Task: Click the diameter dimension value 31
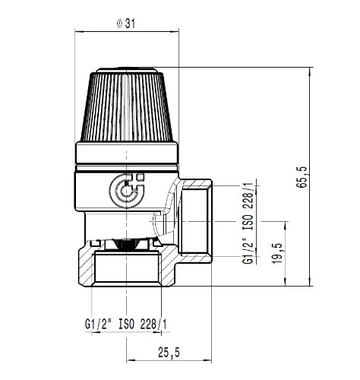point(130,24)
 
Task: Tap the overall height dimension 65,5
point(302,177)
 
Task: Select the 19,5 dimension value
point(277,253)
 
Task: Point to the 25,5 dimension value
point(169,352)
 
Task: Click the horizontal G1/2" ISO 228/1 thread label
point(126,324)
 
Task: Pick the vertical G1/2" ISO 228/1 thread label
point(248,223)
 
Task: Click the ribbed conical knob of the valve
point(127,106)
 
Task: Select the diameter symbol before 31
point(119,24)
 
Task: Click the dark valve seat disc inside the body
point(126,244)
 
